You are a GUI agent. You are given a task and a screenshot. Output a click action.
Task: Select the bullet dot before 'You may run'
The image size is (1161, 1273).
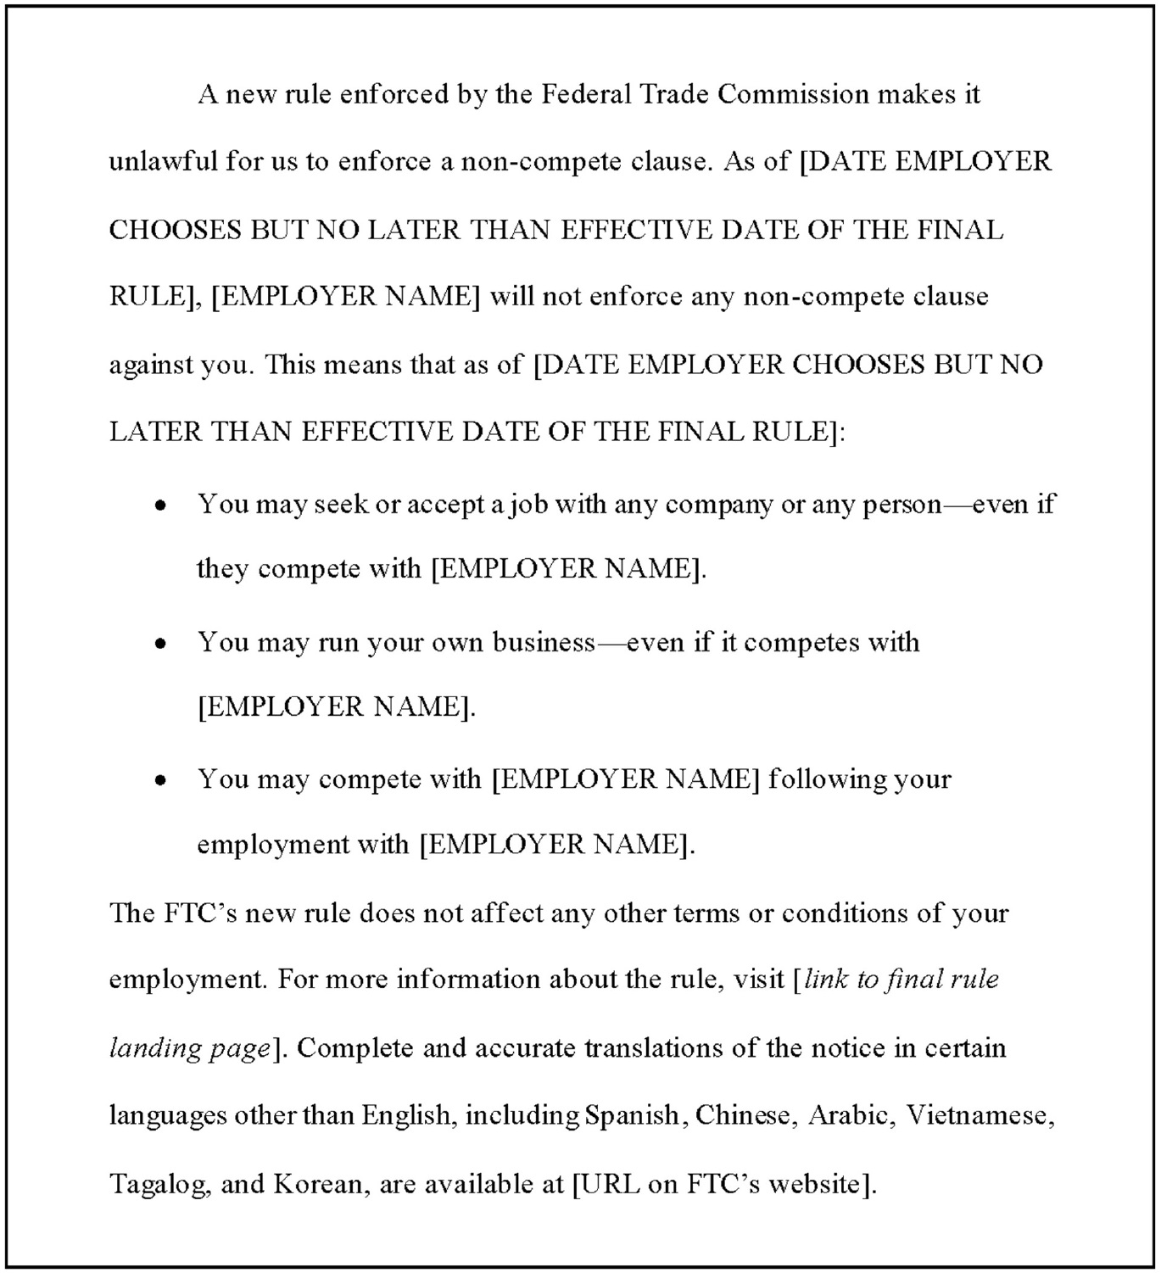160,645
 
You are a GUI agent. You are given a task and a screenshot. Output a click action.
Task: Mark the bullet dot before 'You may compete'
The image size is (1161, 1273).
160,781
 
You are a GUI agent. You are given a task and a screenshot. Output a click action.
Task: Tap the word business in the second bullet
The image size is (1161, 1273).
544,642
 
